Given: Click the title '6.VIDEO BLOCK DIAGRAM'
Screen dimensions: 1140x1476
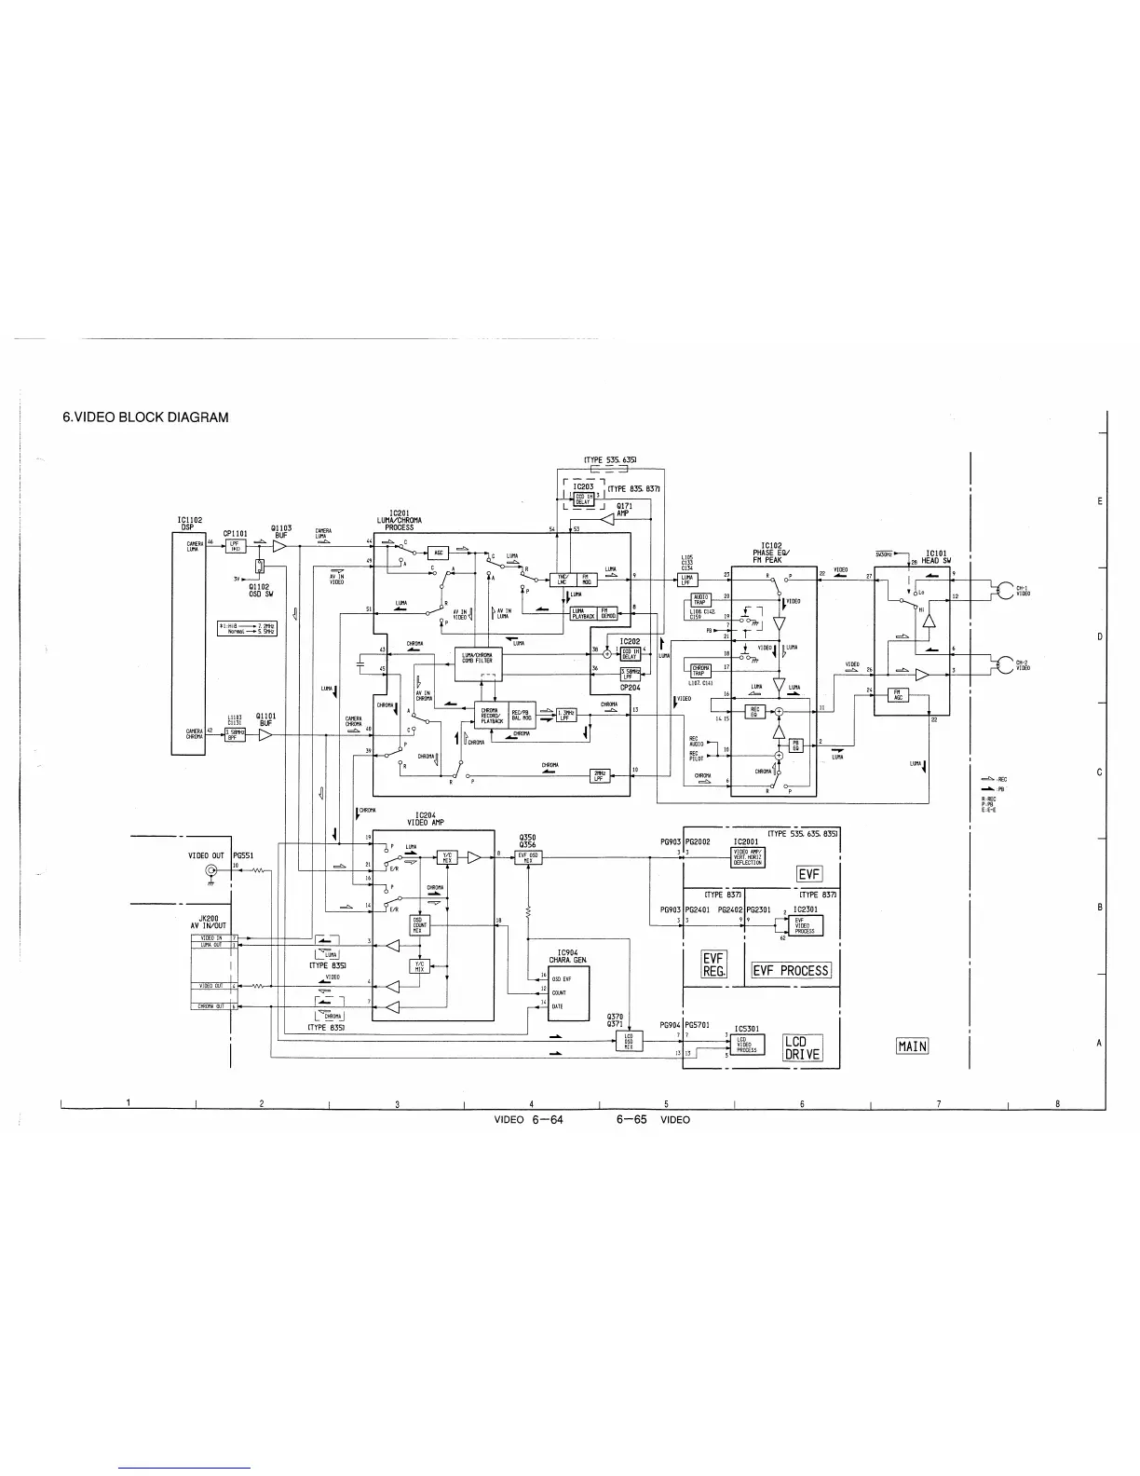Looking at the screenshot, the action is pyautogui.click(x=144, y=417).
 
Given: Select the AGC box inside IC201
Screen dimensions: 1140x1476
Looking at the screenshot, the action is pyautogui.click(x=438, y=553).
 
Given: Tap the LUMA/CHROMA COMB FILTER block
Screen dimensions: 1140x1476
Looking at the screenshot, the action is pyautogui.click(x=477, y=658).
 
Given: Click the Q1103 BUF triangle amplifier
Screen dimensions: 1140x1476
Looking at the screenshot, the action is pyautogui.click(x=278, y=547).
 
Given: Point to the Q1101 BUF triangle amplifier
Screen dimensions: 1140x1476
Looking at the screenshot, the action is pyautogui.click(x=265, y=734).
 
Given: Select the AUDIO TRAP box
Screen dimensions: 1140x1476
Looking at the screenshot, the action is pyautogui.click(x=700, y=599).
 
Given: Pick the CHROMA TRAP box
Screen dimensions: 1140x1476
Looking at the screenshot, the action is pyautogui.click(x=701, y=669).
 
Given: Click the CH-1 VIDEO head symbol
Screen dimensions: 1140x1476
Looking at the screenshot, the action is pyautogui.click(x=1005, y=590).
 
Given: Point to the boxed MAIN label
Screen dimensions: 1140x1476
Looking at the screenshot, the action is pyautogui.click(x=912, y=1046).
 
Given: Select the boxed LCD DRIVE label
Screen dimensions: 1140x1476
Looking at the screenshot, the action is pyautogui.click(x=802, y=1047).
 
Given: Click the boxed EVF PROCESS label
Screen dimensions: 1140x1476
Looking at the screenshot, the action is pyautogui.click(x=791, y=970).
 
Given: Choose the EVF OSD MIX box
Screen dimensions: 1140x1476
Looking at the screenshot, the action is pyautogui.click(x=528, y=857).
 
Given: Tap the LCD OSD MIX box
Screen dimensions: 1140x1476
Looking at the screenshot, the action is pyautogui.click(x=629, y=1044).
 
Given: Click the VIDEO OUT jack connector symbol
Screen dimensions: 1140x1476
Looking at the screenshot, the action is pyautogui.click(x=211, y=871).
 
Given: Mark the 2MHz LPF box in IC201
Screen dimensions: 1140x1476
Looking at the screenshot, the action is pyautogui.click(x=601, y=775).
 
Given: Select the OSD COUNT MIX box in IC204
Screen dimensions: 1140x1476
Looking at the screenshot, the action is pyautogui.click(x=420, y=924).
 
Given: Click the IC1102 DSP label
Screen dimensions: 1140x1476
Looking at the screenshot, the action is pyautogui.click(x=189, y=524).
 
